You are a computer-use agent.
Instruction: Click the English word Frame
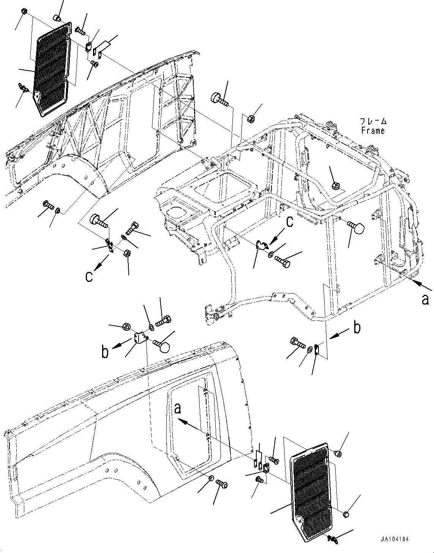[x=372, y=131]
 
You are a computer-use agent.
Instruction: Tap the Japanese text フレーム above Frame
[x=374, y=122]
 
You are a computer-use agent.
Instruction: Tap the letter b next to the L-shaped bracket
[x=105, y=352]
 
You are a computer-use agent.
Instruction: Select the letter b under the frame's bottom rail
[x=357, y=328]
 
